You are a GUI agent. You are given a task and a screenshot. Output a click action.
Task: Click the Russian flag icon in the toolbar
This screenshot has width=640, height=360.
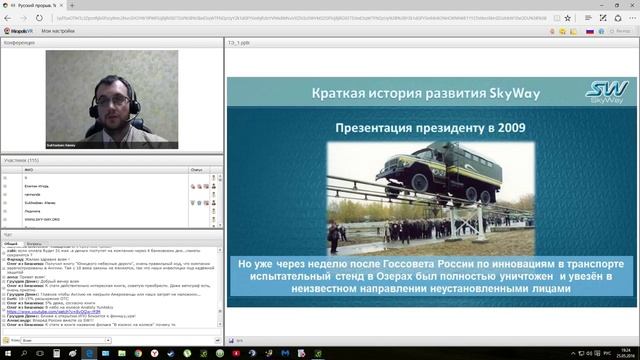pos(589,32)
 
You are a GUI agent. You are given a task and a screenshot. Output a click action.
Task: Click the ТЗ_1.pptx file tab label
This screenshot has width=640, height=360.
pos(238,44)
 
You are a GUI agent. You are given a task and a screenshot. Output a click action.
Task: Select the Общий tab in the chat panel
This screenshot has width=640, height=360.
pos(11,243)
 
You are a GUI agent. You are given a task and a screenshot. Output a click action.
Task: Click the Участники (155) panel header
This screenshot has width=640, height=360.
pos(22,161)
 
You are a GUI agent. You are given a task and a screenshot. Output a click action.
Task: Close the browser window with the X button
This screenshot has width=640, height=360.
pos(630,5)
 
